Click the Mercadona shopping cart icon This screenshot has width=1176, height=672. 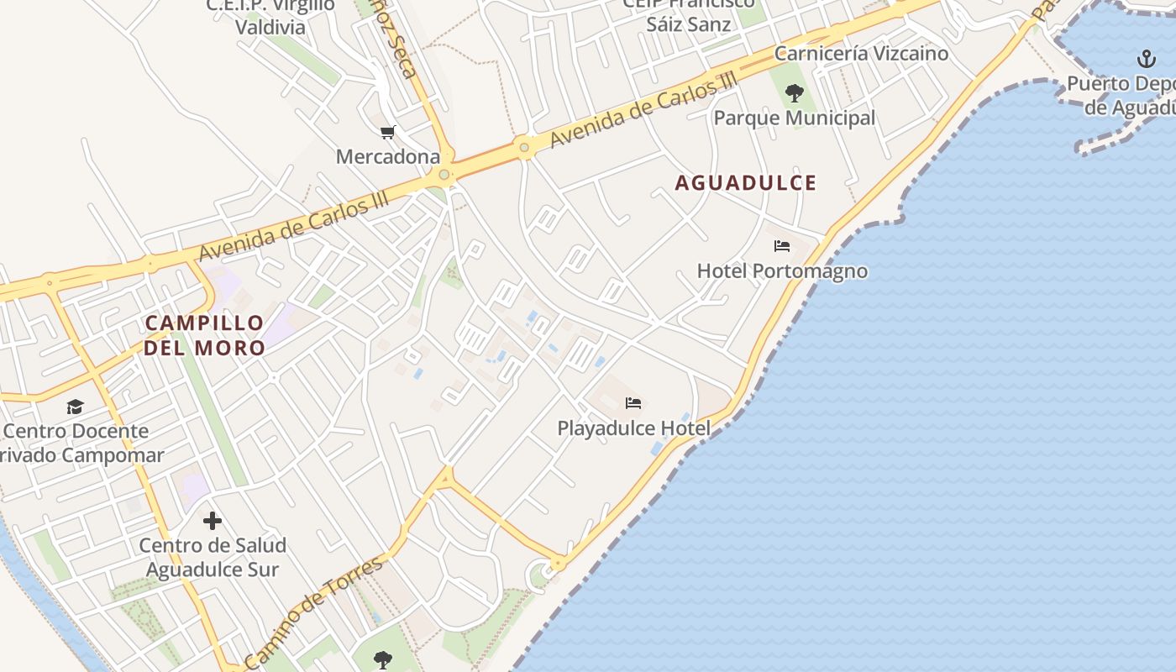coord(387,133)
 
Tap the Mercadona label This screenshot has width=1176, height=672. coord(388,157)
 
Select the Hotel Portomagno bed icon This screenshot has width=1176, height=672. coord(782,247)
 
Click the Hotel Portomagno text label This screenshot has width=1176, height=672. coord(782,271)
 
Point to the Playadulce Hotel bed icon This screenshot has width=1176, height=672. coord(633,404)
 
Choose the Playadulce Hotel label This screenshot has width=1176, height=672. coord(633,428)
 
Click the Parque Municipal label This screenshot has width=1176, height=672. coord(794,118)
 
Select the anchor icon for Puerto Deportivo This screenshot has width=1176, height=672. coord(1147,59)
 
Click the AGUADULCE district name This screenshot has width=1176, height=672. coord(746,183)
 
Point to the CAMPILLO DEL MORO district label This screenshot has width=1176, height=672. coord(204,334)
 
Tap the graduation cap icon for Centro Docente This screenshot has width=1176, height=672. coord(76,407)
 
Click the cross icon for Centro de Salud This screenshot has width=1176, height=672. coord(213,521)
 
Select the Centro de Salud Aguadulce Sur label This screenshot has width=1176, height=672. coord(213,557)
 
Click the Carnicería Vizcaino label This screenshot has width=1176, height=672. coord(861,54)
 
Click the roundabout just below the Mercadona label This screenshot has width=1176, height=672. coord(444,176)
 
